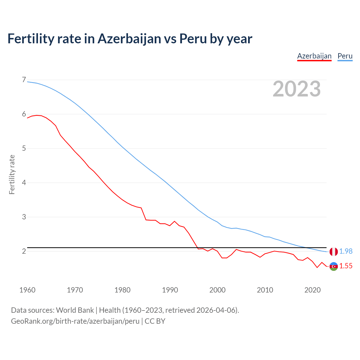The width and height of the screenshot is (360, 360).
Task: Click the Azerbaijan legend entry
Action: pos(314,56)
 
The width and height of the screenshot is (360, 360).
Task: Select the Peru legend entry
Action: pos(345,56)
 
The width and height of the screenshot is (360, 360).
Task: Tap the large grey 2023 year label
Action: pos(296,89)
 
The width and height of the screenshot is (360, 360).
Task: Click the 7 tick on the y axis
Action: pos(24,80)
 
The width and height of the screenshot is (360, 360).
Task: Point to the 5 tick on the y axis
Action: pos(24,148)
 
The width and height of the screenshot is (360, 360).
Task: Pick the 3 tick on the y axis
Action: pos(24,217)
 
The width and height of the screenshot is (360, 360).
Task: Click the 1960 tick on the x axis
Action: pos(27,290)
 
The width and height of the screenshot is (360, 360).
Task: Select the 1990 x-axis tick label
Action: pos(170,290)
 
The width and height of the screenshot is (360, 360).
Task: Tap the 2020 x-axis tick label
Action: pos(312,290)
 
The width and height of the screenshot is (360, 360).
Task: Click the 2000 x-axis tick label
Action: pos(217,290)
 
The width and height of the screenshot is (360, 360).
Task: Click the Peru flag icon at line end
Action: pos(334,251)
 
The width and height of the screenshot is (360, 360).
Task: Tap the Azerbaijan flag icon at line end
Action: pos(334,266)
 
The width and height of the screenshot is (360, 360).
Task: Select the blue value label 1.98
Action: pos(346,251)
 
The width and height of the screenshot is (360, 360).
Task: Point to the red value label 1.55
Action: pos(346,266)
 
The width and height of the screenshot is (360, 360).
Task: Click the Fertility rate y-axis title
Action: pos(12,174)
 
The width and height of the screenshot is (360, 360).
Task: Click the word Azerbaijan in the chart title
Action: pos(129,39)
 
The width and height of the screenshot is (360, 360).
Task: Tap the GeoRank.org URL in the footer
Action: pos(75,321)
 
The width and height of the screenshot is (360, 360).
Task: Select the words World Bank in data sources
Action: pos(75,310)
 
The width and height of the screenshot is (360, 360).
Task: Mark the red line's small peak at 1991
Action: pos(174,221)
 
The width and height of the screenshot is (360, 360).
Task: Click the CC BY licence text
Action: pos(155,321)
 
